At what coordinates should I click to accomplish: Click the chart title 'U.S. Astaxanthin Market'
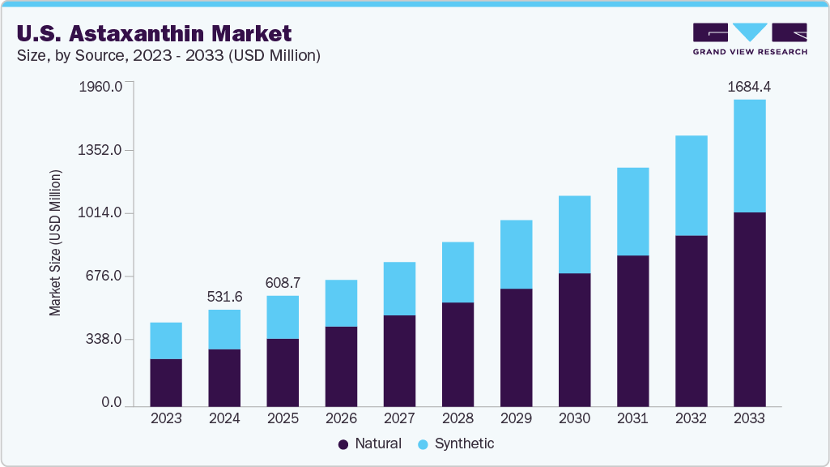pyautogui.click(x=154, y=33)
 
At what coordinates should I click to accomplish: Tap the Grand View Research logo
pyautogui.click(x=750, y=38)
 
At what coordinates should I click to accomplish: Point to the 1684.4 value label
pyautogui.click(x=749, y=86)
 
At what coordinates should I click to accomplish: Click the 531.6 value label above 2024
pyautogui.click(x=224, y=297)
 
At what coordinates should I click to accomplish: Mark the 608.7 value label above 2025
pyautogui.click(x=283, y=283)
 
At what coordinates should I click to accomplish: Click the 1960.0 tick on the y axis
pyautogui.click(x=101, y=87)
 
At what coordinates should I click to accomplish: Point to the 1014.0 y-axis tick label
pyautogui.click(x=101, y=213)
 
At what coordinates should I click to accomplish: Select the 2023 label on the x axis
pyautogui.click(x=166, y=418)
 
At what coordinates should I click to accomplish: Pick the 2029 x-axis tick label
pyautogui.click(x=516, y=418)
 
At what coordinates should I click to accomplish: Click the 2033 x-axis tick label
pyautogui.click(x=749, y=418)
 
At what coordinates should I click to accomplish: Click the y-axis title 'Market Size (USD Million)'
pyautogui.click(x=55, y=243)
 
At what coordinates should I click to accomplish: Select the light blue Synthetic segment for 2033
pyautogui.click(x=749, y=156)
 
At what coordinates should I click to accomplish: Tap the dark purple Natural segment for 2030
pyautogui.click(x=574, y=340)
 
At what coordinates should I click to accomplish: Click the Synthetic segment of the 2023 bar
pyautogui.click(x=166, y=341)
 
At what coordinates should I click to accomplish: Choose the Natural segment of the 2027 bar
pyautogui.click(x=399, y=361)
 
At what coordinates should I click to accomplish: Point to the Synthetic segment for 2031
pyautogui.click(x=632, y=212)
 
